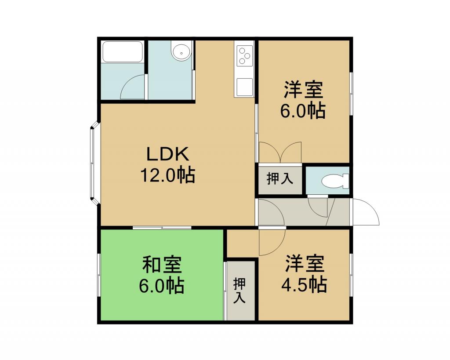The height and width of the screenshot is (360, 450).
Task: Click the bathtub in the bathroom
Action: [x=123, y=52]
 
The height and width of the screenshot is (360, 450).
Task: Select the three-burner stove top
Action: [x=244, y=56]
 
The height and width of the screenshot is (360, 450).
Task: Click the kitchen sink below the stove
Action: [x=244, y=87]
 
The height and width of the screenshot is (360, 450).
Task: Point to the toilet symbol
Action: [x=335, y=182]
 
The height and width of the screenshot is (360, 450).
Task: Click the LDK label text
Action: [x=168, y=154]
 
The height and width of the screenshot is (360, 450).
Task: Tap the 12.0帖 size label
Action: [x=168, y=175]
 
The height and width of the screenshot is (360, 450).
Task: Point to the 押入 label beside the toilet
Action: [x=280, y=178]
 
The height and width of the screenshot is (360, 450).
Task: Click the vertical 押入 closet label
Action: [x=240, y=291]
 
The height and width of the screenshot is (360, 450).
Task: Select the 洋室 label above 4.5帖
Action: [x=305, y=263]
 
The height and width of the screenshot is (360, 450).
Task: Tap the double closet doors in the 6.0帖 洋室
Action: [x=280, y=152]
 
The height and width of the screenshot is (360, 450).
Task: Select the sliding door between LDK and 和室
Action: [x=162, y=228]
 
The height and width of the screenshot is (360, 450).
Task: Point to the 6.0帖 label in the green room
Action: [x=162, y=285]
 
